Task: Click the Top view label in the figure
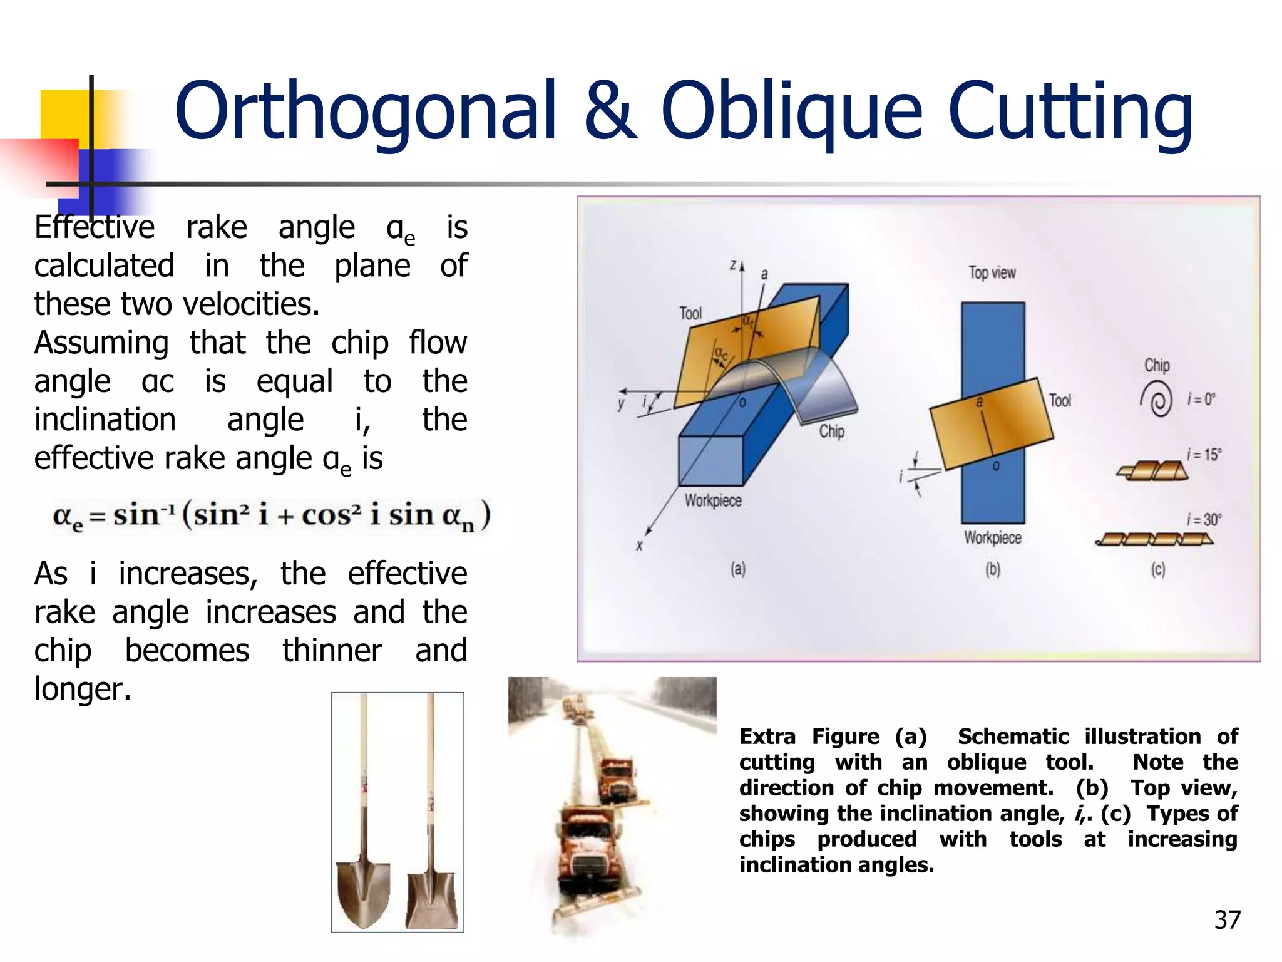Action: pyautogui.click(x=992, y=273)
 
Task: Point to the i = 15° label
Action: pyautogui.click(x=1203, y=455)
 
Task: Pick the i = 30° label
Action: pyautogui.click(x=1203, y=520)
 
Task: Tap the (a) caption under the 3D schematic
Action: pyautogui.click(x=738, y=569)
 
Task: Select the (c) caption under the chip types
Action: pyautogui.click(x=1158, y=569)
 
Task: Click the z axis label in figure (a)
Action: pyautogui.click(x=732, y=266)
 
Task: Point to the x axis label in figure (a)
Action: pyautogui.click(x=639, y=546)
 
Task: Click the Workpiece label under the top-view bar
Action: pyautogui.click(x=992, y=538)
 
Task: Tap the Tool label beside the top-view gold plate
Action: pyautogui.click(x=1060, y=401)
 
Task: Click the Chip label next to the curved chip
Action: pyautogui.click(x=832, y=432)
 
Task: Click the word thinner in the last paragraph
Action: pyautogui.click(x=332, y=651)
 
